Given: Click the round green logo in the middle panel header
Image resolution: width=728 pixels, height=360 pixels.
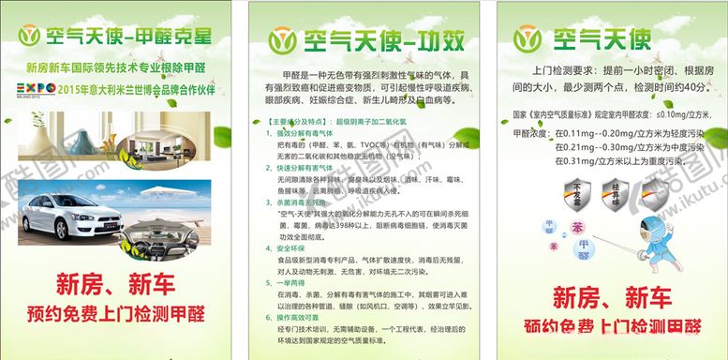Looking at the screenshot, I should (x=282, y=41).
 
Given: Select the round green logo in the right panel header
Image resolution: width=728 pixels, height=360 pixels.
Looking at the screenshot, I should (x=527, y=40).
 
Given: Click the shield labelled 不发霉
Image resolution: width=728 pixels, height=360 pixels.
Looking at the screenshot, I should (x=572, y=200).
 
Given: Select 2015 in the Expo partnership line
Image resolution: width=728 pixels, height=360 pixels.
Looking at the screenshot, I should (x=69, y=91).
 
